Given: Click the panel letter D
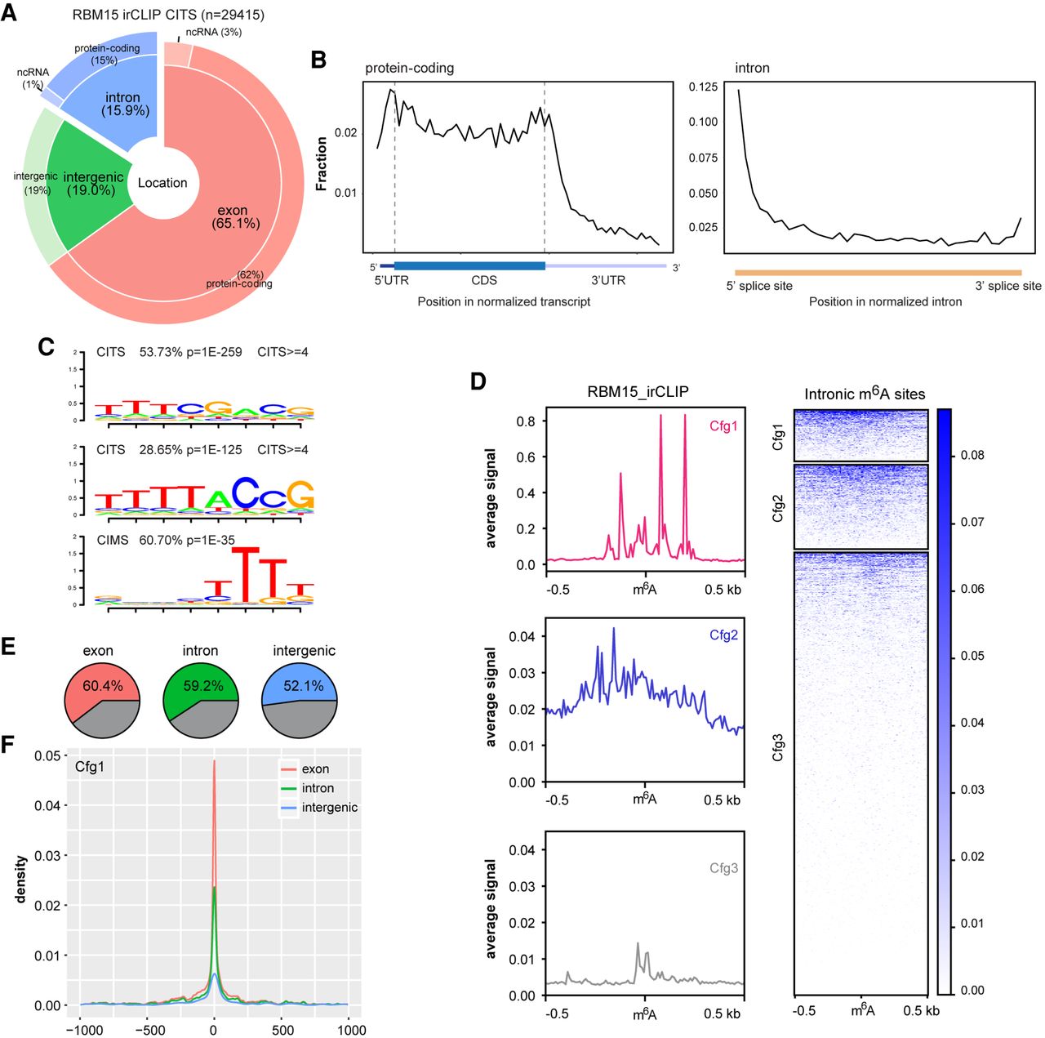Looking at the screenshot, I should pos(478,381).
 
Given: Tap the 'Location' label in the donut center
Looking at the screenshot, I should pos(162,183).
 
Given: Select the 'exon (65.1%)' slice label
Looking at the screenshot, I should pos(236,216).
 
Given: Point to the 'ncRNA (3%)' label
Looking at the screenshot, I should pos(213,32).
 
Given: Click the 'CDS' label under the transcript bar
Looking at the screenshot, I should pos(484,281).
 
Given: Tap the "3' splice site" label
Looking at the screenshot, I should pos(1008,286).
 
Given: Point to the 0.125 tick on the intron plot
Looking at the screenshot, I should pos(703,87).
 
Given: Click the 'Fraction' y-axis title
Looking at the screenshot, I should pos(322,164).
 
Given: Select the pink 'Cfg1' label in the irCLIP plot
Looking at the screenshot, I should pos(723,425).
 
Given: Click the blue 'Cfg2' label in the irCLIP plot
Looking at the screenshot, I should pos(723,635).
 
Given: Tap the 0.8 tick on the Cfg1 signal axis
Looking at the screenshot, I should pos(526,421).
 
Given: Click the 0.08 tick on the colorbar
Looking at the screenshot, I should pos(972,456).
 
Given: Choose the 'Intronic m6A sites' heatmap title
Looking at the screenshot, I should pos(865,394).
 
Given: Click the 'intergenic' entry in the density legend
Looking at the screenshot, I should pos(330,808).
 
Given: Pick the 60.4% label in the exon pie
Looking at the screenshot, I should pos(103,686).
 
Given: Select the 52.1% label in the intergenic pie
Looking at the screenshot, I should pos(304,686).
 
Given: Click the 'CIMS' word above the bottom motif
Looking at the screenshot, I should pos(113,540).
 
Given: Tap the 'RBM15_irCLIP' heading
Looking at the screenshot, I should pos(638,392).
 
